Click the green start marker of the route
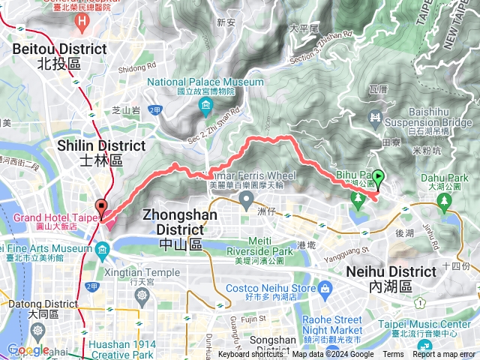379,179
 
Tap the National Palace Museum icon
205,109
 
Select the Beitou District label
58,56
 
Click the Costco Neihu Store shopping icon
324,289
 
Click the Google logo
28,350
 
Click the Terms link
393,355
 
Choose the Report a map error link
445,355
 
